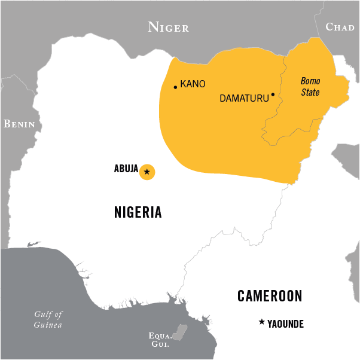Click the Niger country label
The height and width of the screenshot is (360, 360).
click(169, 27)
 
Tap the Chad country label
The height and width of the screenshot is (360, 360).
click(340, 27)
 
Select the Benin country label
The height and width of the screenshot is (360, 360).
click(19, 124)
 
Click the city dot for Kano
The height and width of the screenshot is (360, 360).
click(175, 87)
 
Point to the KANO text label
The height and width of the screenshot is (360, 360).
click(193, 84)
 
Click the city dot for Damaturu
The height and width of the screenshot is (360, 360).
click(273, 94)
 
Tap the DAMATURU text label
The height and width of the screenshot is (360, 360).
click(244, 98)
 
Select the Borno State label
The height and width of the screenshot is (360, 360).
click(310, 87)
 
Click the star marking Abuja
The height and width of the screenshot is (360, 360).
click(147, 172)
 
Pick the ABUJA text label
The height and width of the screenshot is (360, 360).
click(126, 169)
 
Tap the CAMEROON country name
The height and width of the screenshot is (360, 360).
click(270, 295)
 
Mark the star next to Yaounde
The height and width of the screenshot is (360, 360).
click(261, 322)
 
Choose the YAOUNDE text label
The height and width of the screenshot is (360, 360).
click(286, 324)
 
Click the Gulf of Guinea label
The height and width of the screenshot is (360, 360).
click(48, 319)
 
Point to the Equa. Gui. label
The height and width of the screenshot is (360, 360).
click(159, 340)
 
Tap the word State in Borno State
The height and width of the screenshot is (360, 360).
click(310, 93)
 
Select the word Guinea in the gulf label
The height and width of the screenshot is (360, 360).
click(47, 325)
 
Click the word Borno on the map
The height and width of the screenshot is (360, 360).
click(310, 81)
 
